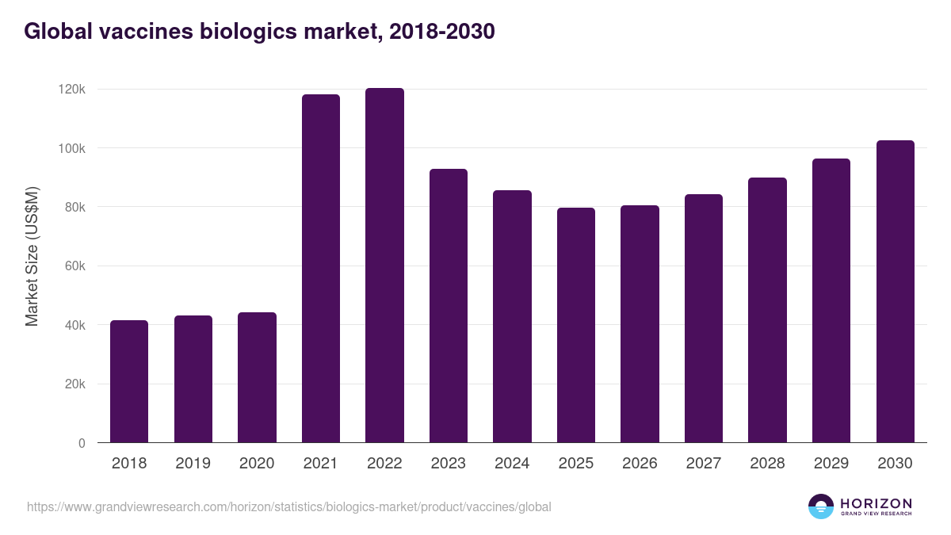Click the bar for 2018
(129, 381)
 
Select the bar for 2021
(321, 269)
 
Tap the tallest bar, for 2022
(384, 266)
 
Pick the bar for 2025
(576, 325)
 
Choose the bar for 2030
(896, 292)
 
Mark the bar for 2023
(449, 306)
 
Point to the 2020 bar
(257, 377)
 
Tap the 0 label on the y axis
(82, 443)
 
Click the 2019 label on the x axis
(193, 464)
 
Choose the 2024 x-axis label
(512, 464)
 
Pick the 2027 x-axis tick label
(704, 464)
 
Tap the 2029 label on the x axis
(831, 464)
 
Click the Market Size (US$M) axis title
(32, 255)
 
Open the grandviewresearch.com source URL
(288, 506)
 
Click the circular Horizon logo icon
(821, 506)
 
